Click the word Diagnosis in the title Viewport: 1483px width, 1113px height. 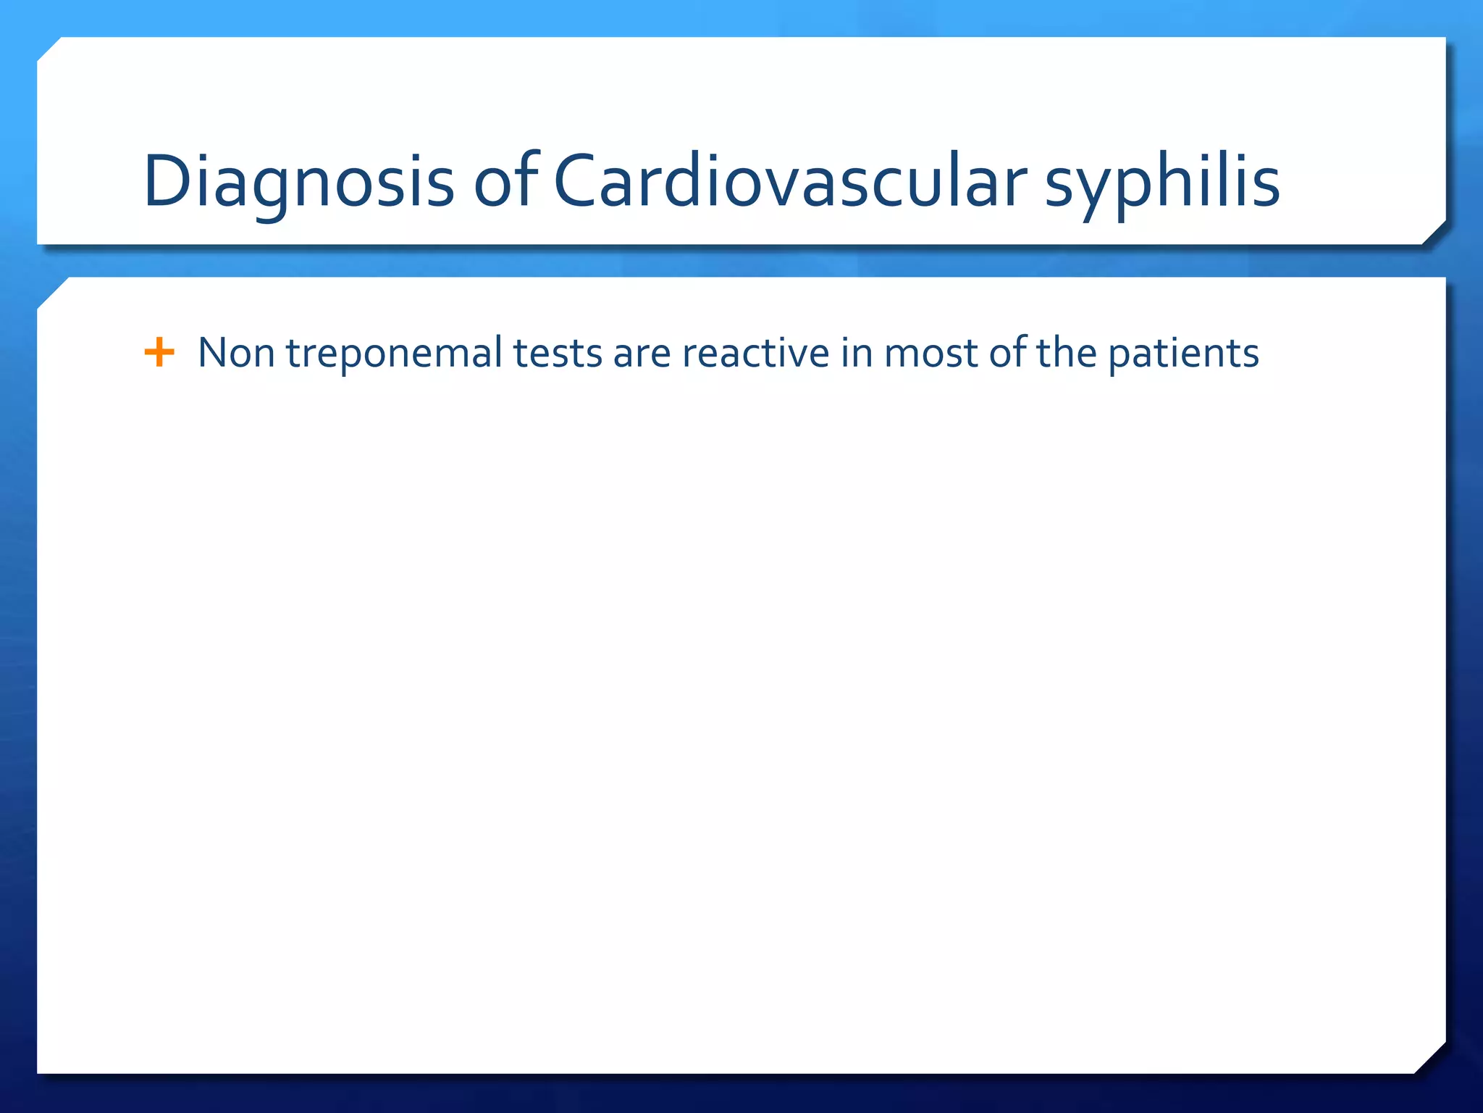298,183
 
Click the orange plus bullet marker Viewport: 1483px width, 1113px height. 159,353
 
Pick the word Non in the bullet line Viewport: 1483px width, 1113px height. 236,354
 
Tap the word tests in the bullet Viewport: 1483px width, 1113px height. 558,354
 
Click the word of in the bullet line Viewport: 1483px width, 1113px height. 1007,353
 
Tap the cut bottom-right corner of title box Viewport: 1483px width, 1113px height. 1433,232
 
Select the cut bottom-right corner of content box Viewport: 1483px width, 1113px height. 1429,1058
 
